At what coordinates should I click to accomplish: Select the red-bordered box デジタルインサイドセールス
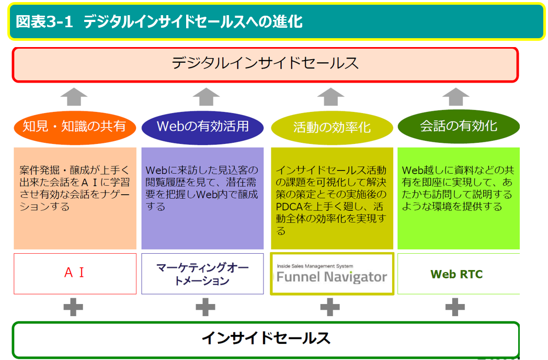point(265,64)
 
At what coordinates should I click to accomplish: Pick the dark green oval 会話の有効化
point(459,126)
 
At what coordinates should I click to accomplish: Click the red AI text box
point(74,273)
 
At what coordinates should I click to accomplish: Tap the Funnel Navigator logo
point(332,277)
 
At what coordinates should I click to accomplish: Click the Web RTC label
point(456,274)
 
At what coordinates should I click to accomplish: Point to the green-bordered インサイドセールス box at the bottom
point(265,339)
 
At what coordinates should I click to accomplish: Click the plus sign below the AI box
point(73,307)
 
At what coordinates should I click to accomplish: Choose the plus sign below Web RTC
point(455,307)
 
